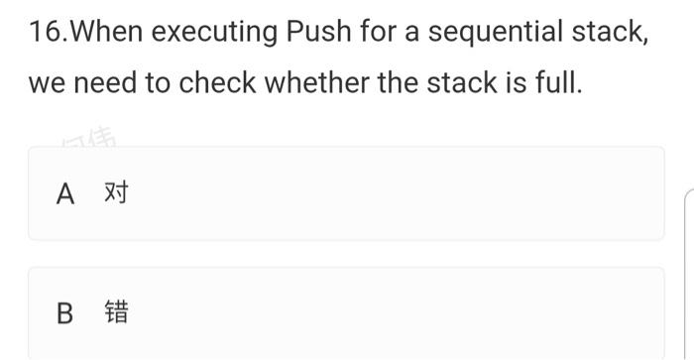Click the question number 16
coord(44,33)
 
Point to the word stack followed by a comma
coord(614,33)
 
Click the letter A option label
coord(65,193)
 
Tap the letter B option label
coord(65,314)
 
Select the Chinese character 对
coord(116,193)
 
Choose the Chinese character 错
coord(116,314)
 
